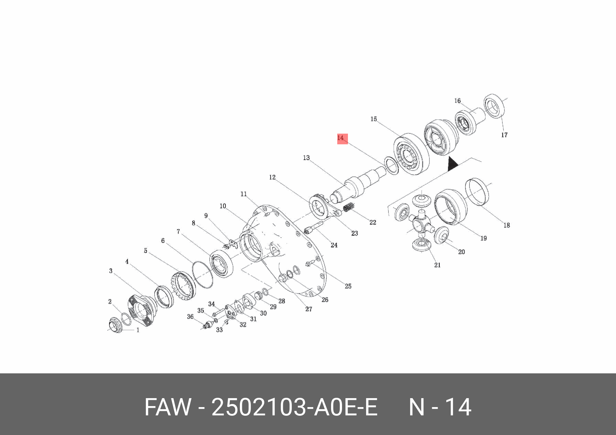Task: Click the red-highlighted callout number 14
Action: pos(341,138)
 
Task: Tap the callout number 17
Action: pos(504,135)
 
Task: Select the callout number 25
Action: pos(348,286)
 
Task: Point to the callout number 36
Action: pos(190,317)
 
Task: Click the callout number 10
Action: pos(223,206)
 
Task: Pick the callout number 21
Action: pos(437,265)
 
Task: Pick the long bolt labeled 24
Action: pos(313,228)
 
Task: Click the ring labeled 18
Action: pos(477,191)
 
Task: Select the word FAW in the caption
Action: pos(168,407)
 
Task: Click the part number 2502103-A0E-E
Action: pos(294,407)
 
